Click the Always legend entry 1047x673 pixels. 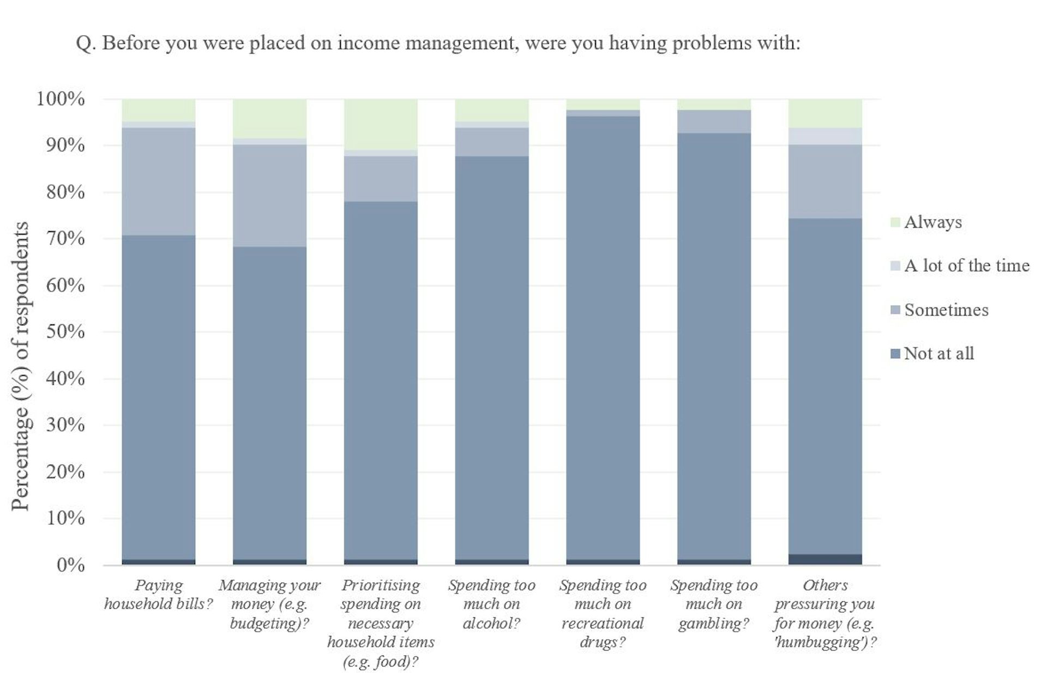coord(932,222)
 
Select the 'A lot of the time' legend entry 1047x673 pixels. coord(966,266)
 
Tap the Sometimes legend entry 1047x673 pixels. coord(946,310)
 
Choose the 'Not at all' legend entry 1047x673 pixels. coord(938,354)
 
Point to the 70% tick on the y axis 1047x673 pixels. coord(65,239)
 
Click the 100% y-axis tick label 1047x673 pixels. coord(61,99)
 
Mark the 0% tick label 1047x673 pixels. coord(70,565)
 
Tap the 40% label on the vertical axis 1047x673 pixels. coord(65,379)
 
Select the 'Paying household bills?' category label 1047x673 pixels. coord(158,595)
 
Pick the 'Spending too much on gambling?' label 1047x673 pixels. coord(714,604)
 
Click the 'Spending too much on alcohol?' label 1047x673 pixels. coord(491,604)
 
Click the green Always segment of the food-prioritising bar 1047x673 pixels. coord(381,124)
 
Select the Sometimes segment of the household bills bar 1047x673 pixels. coord(158,181)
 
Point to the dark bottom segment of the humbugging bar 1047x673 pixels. coord(825,560)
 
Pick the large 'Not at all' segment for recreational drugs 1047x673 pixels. coord(603,338)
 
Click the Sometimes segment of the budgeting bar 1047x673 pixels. coord(269,195)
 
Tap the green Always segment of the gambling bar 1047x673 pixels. coord(714,104)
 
